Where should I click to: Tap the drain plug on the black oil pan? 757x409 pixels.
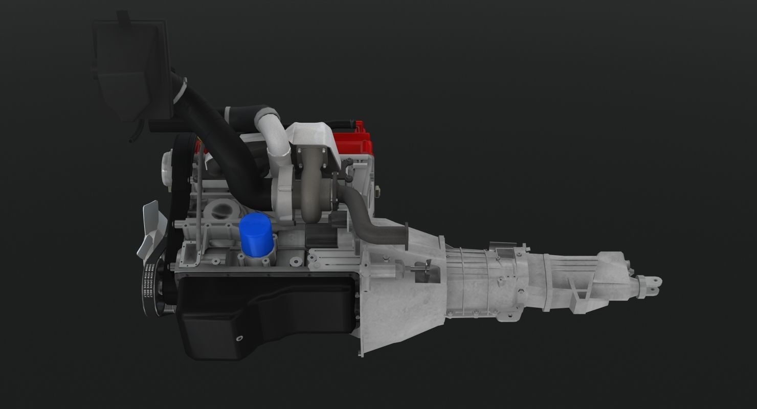pos(238,338)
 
